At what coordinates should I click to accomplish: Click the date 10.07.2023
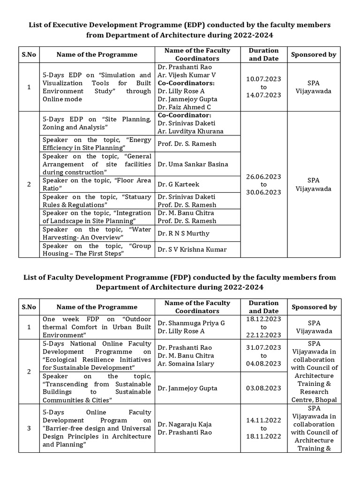tap(264, 79)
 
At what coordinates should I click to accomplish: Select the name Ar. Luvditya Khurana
tap(190, 131)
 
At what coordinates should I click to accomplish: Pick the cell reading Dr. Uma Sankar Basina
tap(193, 164)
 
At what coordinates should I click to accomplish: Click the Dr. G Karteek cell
tap(178, 184)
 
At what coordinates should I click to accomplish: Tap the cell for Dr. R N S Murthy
tap(183, 233)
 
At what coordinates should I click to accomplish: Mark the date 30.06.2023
tap(264, 192)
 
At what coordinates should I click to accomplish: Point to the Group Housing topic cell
tap(97, 249)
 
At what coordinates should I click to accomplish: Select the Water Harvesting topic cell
tap(97, 233)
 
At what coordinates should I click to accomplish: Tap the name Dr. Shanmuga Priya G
tap(191, 323)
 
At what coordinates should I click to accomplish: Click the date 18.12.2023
tap(264, 318)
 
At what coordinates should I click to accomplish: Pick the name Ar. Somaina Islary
tap(185, 363)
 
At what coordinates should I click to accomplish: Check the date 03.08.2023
tap(264, 388)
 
